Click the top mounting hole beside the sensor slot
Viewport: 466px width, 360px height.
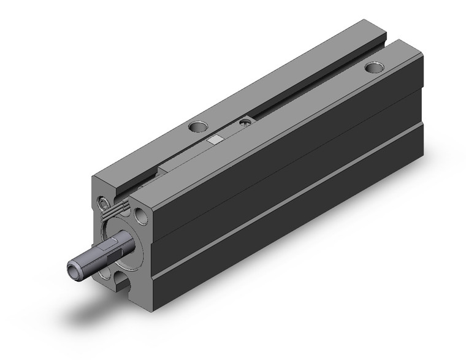(197, 128)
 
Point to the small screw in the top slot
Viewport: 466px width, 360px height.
(245, 123)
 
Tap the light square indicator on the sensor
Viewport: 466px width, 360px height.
(214, 140)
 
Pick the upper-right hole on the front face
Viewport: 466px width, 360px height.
(142, 215)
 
